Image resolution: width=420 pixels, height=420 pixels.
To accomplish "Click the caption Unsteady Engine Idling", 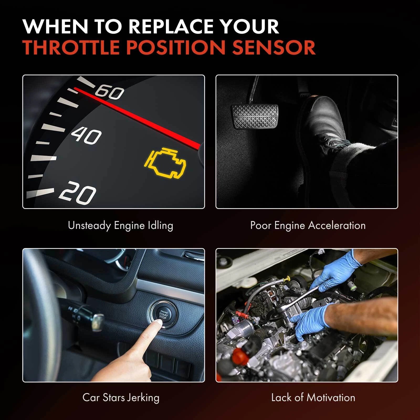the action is click(x=120, y=225).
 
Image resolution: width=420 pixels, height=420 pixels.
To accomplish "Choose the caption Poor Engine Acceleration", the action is click(x=308, y=225).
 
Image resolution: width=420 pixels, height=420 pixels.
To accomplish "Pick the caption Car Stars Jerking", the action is click(x=121, y=397).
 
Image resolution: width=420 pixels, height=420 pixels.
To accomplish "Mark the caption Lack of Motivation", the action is click(x=313, y=397).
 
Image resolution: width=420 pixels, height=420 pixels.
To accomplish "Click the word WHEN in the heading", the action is click(x=56, y=26).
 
